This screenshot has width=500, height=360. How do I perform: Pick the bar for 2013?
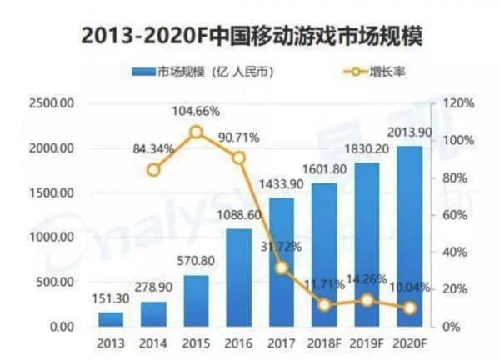(x=110, y=319)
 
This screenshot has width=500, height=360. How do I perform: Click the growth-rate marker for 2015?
(x=196, y=132)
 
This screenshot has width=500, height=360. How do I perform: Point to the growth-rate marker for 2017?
(x=282, y=267)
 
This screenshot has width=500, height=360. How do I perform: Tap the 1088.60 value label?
(x=238, y=215)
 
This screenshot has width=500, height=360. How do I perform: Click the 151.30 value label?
(x=110, y=299)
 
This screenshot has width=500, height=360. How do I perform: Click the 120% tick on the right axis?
(x=458, y=103)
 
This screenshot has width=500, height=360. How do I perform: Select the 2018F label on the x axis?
(x=324, y=342)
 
